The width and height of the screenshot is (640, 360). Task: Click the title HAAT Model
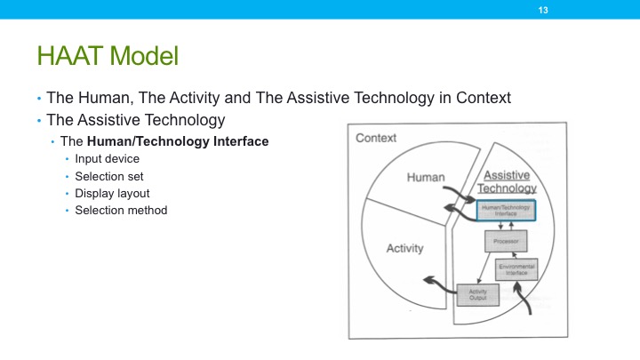point(108,57)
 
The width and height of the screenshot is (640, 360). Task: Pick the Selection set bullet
point(110,176)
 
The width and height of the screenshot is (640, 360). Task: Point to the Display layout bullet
point(112,193)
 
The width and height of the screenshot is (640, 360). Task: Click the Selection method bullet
point(121,210)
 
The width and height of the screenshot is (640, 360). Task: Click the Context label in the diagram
point(376,139)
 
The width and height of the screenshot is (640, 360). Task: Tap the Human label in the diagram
point(426,178)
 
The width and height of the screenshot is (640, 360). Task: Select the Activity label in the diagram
point(404,248)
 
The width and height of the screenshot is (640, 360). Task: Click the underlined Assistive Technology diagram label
point(508,181)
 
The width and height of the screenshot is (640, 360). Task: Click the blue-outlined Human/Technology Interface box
point(508,210)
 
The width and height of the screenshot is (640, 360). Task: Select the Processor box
point(506,240)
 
